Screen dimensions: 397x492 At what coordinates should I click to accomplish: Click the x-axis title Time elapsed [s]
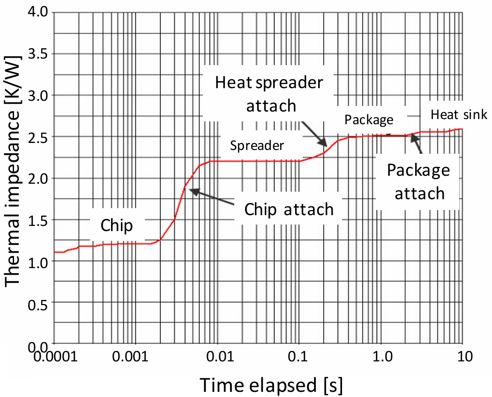271,385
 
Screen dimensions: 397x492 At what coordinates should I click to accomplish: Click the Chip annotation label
117,225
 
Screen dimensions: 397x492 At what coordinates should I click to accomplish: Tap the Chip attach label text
289,209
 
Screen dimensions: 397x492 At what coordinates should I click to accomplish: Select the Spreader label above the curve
257,146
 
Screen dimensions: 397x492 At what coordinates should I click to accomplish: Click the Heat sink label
459,114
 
